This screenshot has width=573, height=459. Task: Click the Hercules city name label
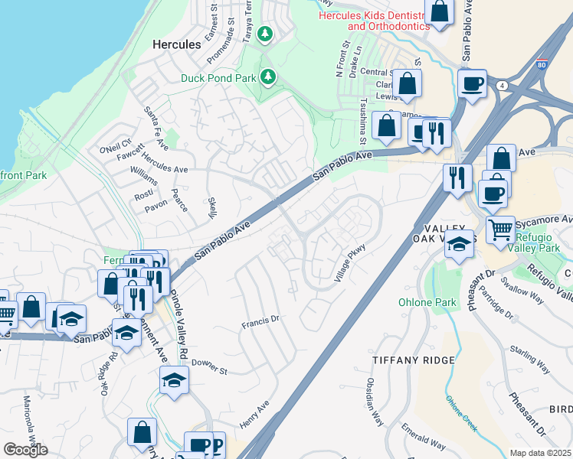click(x=177, y=44)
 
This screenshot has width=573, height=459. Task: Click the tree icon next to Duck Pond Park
click(x=268, y=76)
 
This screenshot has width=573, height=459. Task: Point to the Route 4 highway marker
click(x=502, y=84)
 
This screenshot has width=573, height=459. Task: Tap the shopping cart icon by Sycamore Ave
click(x=500, y=227)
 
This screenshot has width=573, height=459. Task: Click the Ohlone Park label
click(x=427, y=302)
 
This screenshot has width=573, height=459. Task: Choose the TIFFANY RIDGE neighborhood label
click(x=414, y=360)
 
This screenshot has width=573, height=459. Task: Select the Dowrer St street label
click(x=209, y=367)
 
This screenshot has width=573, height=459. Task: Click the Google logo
click(x=25, y=450)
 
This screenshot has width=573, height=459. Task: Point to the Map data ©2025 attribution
click(x=540, y=453)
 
